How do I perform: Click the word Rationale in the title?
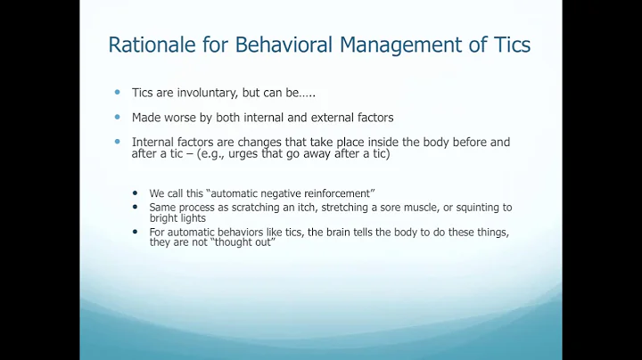[146, 45]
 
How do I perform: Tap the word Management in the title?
[388, 45]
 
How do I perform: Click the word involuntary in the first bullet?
[194, 94]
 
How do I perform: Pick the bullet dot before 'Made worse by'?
[116, 118]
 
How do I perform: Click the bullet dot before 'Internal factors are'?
[116, 142]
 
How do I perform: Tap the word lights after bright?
[191, 217]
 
